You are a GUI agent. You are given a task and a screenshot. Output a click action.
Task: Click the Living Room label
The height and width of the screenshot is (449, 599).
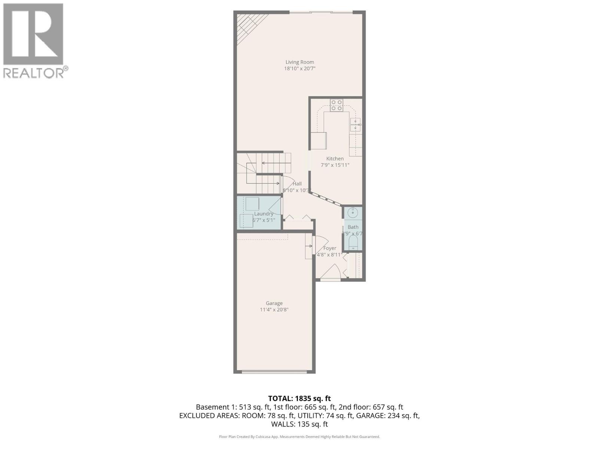[299, 62]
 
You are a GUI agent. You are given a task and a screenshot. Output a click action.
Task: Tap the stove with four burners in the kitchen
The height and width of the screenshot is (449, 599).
[336, 105]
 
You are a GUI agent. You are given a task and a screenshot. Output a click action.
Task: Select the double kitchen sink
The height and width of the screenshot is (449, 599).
[355, 125]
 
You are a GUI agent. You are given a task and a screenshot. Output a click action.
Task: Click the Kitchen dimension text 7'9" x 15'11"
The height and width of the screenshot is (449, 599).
[335, 165]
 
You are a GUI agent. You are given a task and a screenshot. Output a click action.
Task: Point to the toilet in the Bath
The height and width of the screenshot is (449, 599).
[353, 244]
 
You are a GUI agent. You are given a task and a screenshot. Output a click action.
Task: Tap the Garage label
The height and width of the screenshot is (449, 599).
[274, 303]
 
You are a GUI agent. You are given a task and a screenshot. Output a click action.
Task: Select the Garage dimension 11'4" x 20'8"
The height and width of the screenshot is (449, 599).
[274, 310]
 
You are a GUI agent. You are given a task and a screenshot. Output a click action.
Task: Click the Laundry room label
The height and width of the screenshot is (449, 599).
[264, 214]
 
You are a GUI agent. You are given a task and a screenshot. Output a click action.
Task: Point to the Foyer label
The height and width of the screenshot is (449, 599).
[329, 248]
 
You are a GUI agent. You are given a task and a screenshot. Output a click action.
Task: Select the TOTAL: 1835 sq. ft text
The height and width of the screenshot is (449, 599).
[299, 398]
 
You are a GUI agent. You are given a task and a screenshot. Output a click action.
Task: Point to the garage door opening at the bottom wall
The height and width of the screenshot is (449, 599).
[274, 372]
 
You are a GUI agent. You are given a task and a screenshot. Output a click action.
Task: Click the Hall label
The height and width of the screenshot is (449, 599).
[297, 184]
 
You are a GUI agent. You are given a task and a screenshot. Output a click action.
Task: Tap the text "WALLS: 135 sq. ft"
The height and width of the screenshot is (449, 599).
[299, 424]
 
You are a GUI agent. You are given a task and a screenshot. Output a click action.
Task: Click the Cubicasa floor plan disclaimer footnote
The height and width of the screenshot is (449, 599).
[299, 437]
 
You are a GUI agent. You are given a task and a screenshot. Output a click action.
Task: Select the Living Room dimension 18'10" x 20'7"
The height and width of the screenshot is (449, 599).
[299, 69]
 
